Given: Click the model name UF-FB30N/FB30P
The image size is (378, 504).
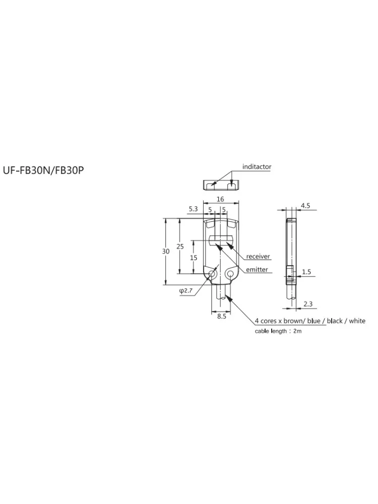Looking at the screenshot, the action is coord(43,170).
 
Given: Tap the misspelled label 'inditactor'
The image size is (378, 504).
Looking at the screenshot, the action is coord(257,166).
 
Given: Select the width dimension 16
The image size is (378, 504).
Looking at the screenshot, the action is coord(220,199).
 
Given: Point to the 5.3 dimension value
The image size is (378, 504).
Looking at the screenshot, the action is coord(193,209).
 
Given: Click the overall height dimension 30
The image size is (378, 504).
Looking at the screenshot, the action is coord(165,251).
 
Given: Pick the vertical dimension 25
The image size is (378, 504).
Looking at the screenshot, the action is coord(180,246).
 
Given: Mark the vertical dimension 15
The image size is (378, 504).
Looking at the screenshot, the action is coord(193,258).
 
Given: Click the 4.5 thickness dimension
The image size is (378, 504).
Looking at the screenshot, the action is coord(305,206).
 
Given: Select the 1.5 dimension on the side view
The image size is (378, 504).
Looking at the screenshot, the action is coord(306,272).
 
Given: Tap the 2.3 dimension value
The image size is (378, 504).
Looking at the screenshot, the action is coord(307,304).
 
